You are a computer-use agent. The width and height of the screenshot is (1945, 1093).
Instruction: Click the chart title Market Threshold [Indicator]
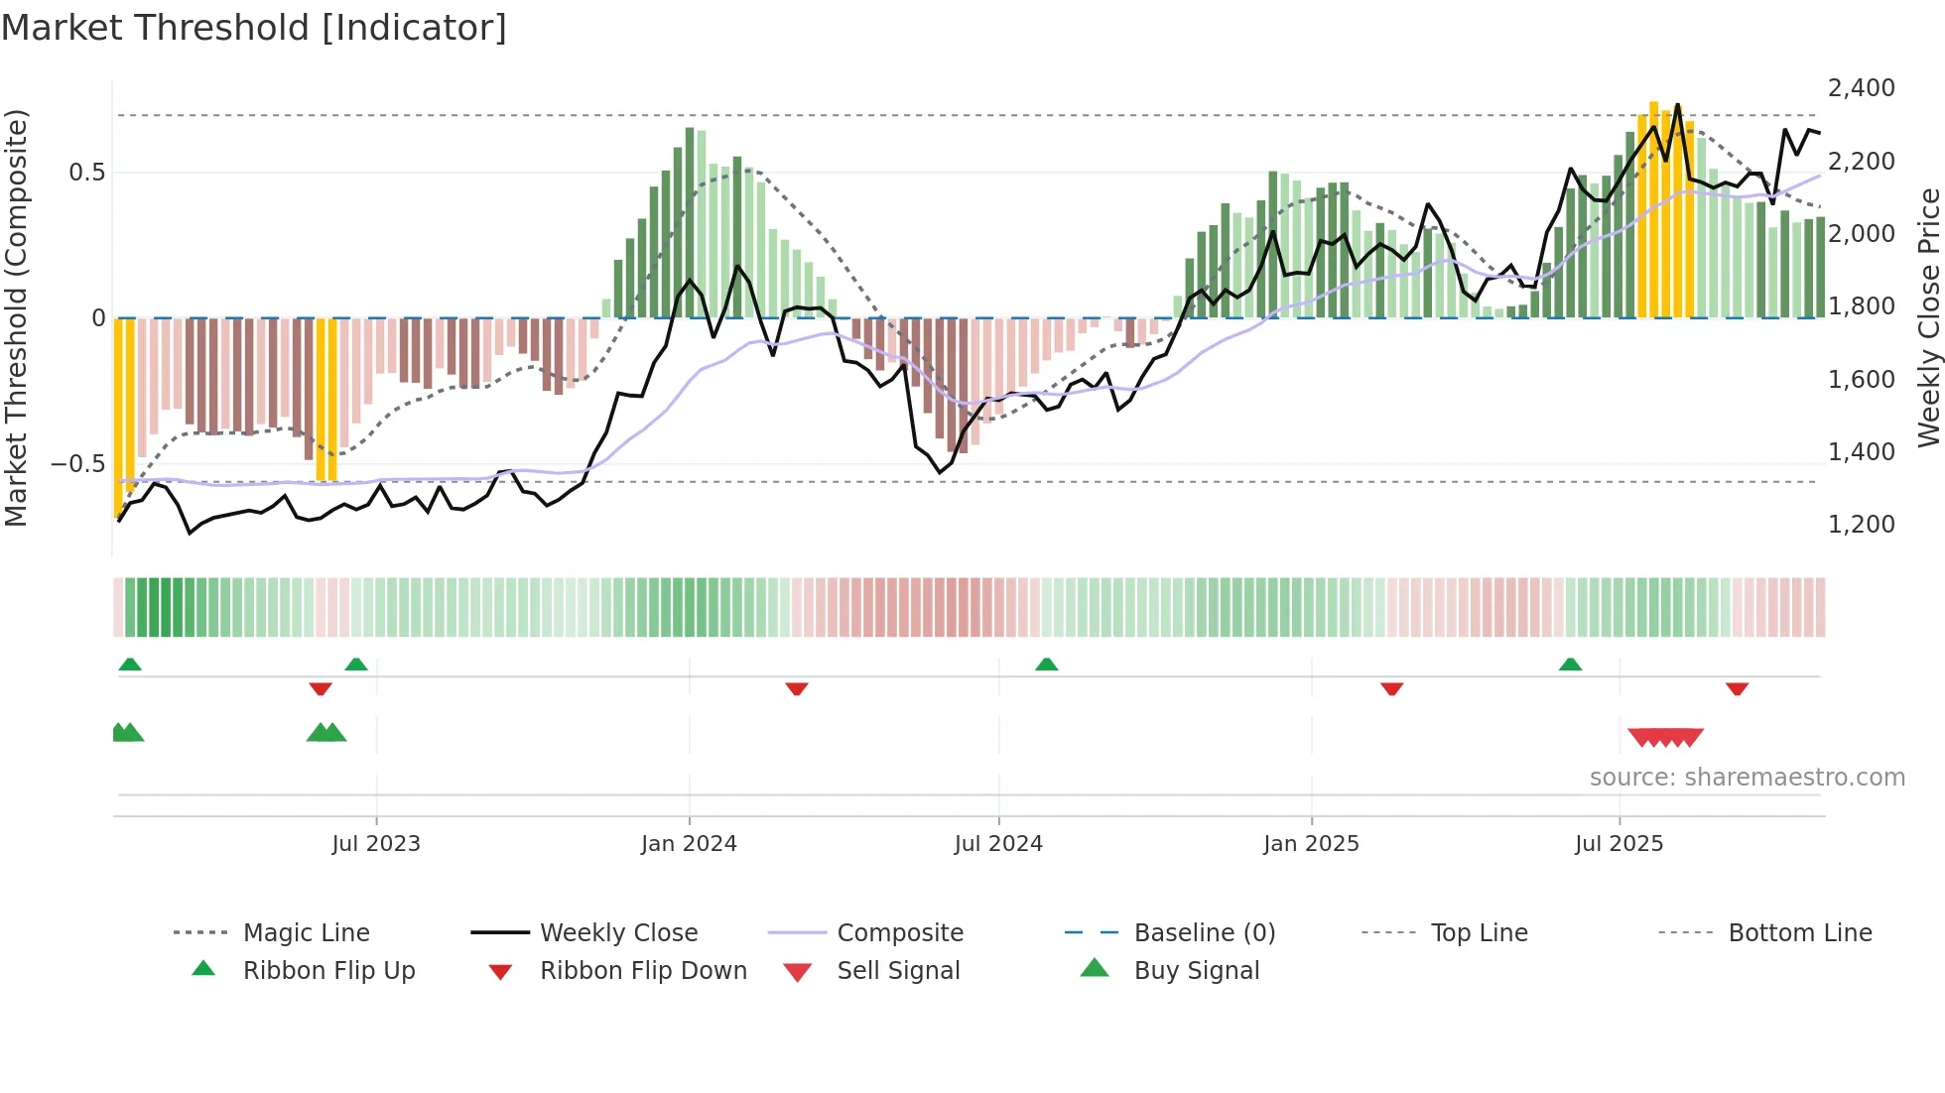[x=254, y=28]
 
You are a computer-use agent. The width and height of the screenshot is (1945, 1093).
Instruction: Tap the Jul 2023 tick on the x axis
[x=376, y=843]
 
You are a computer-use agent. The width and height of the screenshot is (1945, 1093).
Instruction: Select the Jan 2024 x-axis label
[x=689, y=843]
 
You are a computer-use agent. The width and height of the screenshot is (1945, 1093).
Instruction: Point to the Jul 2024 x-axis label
[x=998, y=843]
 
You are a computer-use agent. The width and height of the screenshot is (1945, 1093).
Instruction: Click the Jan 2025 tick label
[x=1311, y=843]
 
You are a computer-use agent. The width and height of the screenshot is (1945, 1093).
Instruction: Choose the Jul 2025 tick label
[x=1619, y=843]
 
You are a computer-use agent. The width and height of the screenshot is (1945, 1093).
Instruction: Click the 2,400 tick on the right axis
[x=1861, y=88]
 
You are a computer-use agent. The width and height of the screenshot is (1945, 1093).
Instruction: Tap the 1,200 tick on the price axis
[x=1861, y=524]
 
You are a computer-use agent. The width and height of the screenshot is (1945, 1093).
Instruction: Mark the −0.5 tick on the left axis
[x=77, y=464]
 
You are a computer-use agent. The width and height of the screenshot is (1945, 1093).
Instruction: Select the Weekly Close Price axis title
[x=1928, y=317]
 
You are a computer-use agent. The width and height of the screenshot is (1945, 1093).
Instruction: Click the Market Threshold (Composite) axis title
[x=16, y=317]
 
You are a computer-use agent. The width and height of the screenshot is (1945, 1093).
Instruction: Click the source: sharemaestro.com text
[x=1747, y=777]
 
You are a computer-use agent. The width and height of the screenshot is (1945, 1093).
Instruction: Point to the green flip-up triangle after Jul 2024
[x=1046, y=664]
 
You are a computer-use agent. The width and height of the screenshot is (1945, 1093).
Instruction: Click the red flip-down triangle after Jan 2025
[x=1391, y=688]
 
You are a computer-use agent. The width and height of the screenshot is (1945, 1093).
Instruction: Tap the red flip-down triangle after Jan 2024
[x=796, y=688]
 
